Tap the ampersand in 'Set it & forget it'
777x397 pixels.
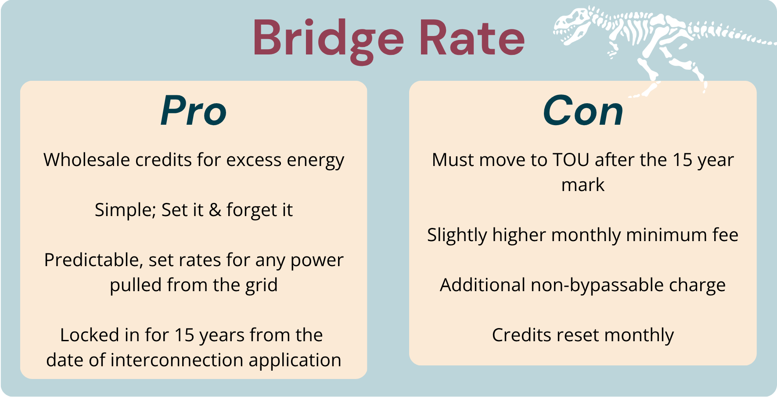click(x=215, y=210)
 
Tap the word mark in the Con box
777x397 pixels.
click(x=583, y=185)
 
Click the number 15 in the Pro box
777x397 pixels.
click(x=184, y=336)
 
